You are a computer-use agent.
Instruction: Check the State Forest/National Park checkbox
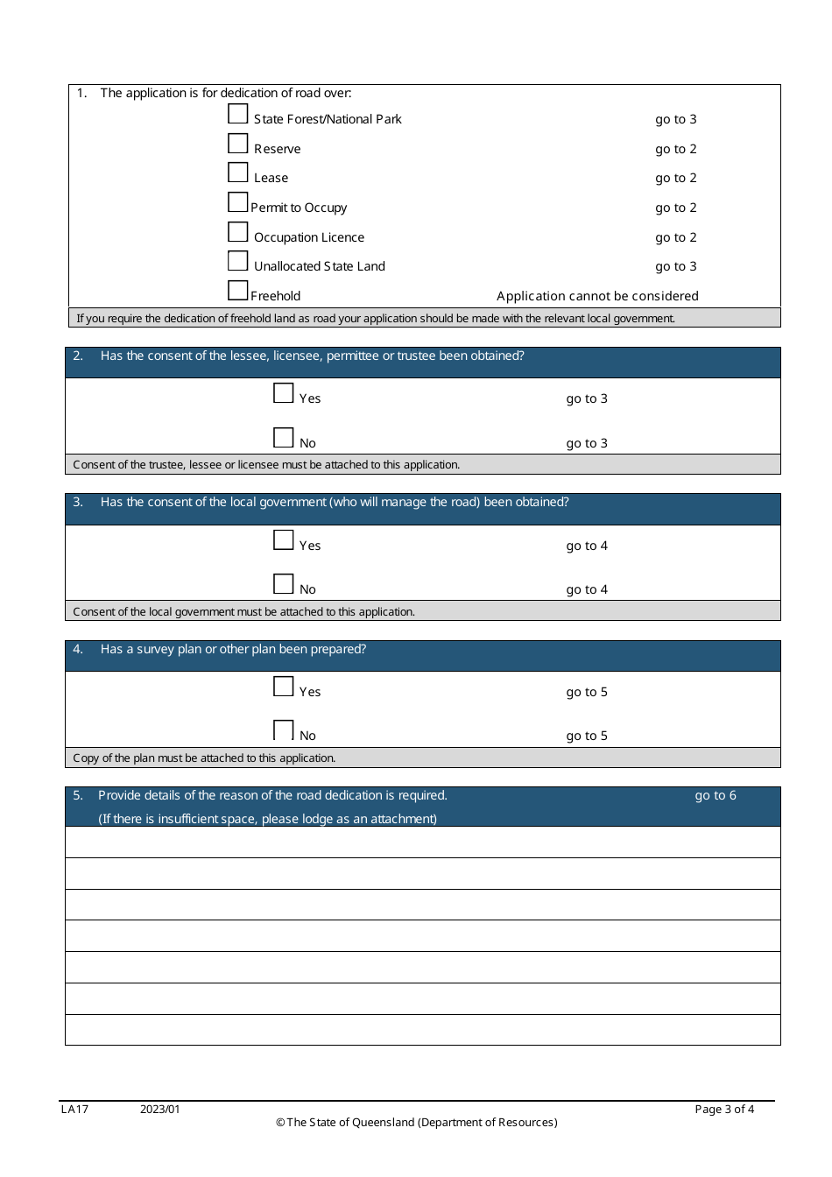(238, 114)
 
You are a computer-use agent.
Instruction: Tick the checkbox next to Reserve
(238, 144)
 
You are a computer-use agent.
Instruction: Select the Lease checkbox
(238, 173)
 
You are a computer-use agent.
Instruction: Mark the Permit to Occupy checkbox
(238, 202)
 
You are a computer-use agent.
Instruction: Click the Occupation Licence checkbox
(238, 232)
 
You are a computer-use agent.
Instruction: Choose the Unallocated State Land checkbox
(238, 261)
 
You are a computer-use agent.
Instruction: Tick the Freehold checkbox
(238, 291)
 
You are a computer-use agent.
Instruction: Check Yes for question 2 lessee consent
(284, 393)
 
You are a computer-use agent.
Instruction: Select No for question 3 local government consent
(284, 584)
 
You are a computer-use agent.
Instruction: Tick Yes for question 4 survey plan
(284, 687)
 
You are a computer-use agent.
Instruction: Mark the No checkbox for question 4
(284, 730)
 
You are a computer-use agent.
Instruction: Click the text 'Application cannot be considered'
(597, 296)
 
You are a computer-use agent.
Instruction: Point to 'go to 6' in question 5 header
(716, 795)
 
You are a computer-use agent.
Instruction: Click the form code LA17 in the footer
(74, 1110)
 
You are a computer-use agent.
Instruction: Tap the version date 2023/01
(160, 1110)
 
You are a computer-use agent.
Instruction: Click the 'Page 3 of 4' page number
(724, 1110)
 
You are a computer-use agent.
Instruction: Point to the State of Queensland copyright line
(417, 1123)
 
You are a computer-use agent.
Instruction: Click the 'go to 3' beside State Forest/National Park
(676, 119)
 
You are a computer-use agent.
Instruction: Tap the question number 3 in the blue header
(78, 502)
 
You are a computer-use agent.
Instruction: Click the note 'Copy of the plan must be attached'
(204, 758)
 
